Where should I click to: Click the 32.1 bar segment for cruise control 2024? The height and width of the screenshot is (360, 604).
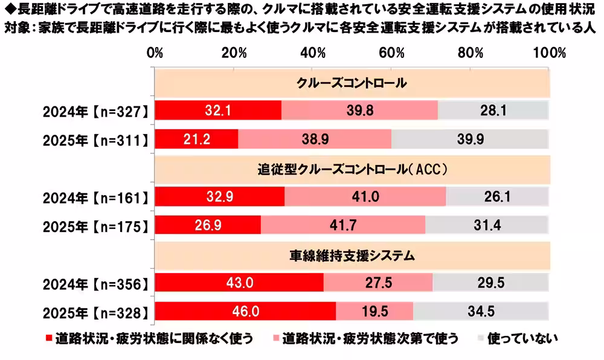(218, 111)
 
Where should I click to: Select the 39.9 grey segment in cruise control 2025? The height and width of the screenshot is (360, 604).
(470, 139)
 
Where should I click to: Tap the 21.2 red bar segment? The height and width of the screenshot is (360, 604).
(197, 139)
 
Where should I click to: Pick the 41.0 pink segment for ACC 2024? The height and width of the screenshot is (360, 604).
(365, 197)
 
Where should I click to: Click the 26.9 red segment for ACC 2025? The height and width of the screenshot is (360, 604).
(208, 225)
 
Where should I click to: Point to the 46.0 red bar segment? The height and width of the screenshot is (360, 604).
(245, 312)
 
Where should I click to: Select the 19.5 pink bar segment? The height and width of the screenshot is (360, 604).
(374, 312)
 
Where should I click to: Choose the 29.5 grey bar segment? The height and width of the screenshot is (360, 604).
(490, 283)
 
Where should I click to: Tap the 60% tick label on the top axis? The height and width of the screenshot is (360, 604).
(391, 53)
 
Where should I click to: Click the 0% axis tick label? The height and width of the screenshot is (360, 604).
(156, 53)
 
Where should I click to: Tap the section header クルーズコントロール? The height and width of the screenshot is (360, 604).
(352, 83)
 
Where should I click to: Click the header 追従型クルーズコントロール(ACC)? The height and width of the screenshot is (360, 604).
(352, 170)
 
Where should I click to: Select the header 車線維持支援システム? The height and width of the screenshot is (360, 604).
(352, 256)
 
